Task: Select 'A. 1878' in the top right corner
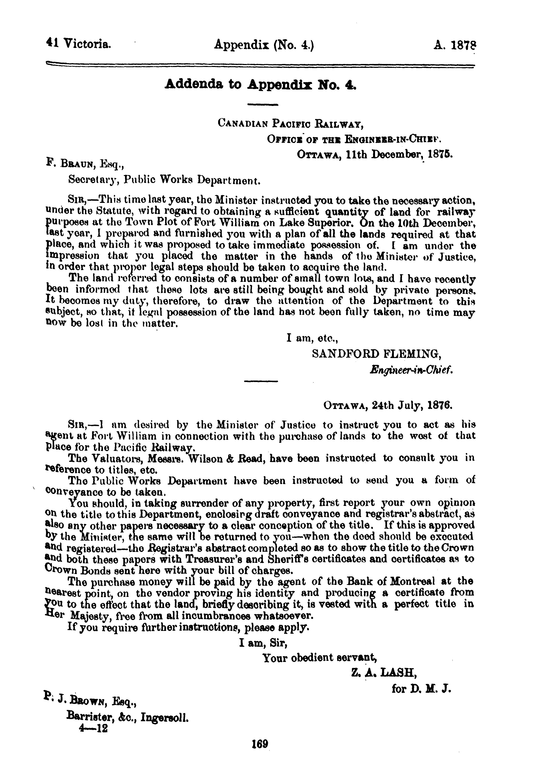[x=454, y=45]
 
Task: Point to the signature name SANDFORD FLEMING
[x=377, y=354]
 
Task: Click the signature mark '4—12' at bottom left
[x=93, y=729]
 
